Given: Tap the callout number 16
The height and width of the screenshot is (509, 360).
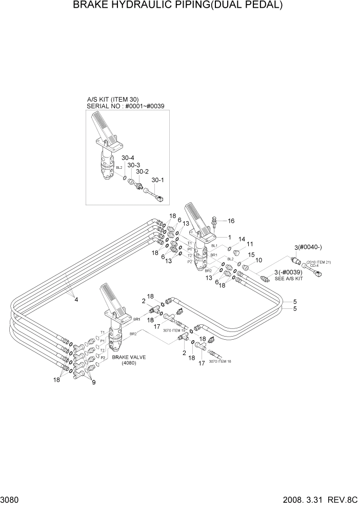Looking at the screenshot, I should point(231,221).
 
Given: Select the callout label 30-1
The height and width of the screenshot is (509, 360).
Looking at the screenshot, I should point(157,180).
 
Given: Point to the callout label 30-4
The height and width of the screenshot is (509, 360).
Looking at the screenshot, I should point(128,158).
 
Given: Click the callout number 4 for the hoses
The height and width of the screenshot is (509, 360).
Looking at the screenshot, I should point(76,300).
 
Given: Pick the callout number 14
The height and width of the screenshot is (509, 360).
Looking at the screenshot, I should point(242,239).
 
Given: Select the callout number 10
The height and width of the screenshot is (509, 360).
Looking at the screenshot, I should point(259,260).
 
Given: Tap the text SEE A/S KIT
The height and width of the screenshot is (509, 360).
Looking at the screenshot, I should point(289,278).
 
